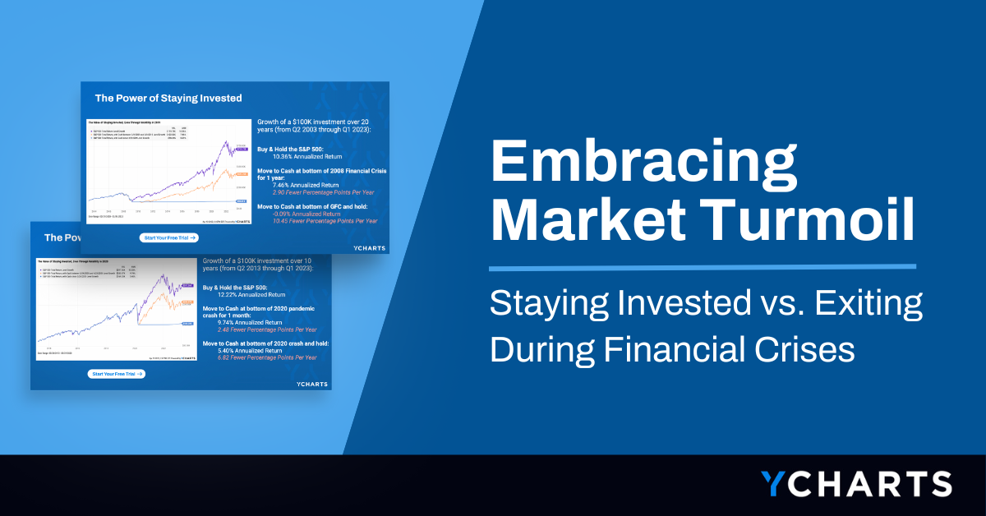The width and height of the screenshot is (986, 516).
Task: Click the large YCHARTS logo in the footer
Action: [x=855, y=483]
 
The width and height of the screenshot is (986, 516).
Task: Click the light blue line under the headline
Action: [x=702, y=267]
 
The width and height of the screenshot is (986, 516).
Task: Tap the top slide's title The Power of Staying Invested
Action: [x=168, y=98]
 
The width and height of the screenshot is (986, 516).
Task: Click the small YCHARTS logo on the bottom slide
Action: [x=311, y=383]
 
